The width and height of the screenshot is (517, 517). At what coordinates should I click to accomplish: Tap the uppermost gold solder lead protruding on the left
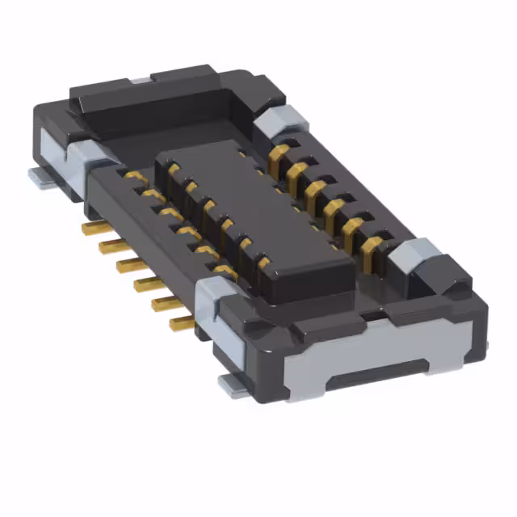coord(90,229)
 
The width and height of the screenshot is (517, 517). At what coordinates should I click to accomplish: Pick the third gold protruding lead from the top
coord(125,263)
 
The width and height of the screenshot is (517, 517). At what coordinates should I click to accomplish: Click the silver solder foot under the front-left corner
coord(234,388)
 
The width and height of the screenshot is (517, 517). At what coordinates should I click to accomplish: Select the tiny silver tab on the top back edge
coord(139,78)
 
